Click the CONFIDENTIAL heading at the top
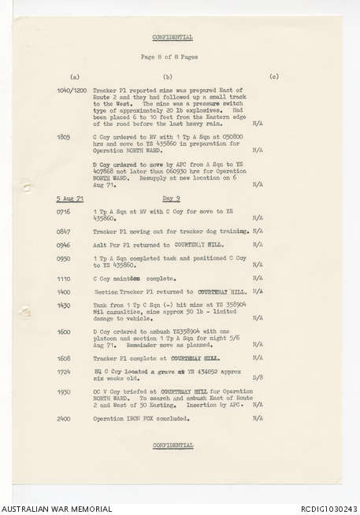point(173,37)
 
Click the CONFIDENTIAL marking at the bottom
point(173,445)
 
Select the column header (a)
point(75,76)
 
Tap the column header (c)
point(273,76)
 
